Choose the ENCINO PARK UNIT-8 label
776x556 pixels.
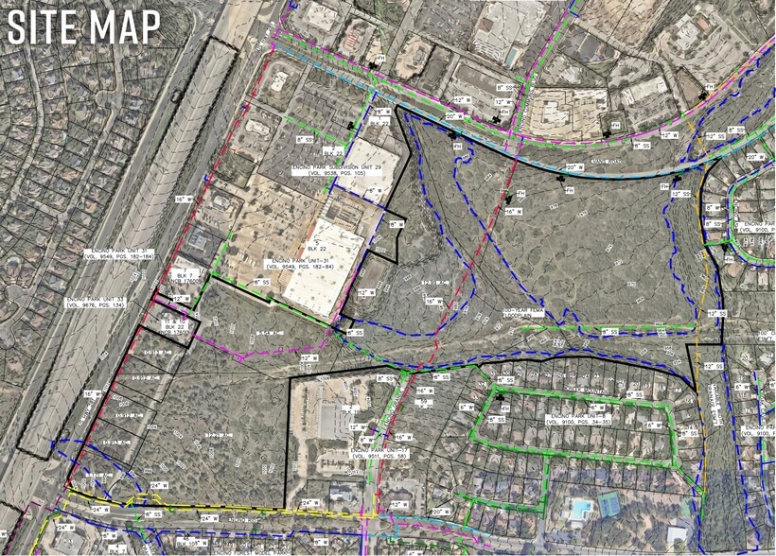[577, 416]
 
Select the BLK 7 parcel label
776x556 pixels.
[185, 275]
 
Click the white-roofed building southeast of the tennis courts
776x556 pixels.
[678, 534]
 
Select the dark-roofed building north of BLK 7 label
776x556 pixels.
[200, 246]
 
